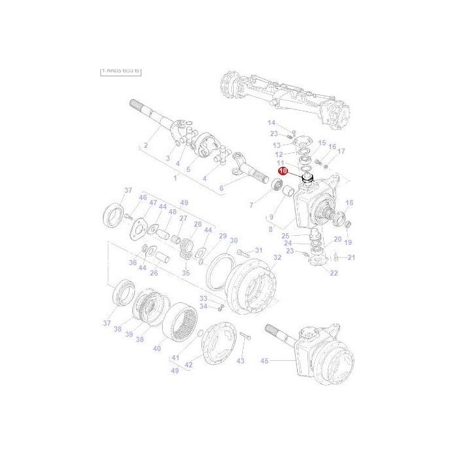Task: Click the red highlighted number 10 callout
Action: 283,171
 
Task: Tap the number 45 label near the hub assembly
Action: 264,360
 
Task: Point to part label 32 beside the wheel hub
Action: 277,258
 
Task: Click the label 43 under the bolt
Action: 240,361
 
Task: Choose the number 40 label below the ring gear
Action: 157,349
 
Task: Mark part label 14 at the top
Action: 272,122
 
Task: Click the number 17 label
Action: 341,151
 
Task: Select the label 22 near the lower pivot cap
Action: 334,273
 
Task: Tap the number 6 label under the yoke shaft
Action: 221,188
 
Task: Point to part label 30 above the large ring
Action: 233,240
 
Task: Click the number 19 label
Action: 348,242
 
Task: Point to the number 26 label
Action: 154,273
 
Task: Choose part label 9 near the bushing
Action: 271,217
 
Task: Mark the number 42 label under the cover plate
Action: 189,365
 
